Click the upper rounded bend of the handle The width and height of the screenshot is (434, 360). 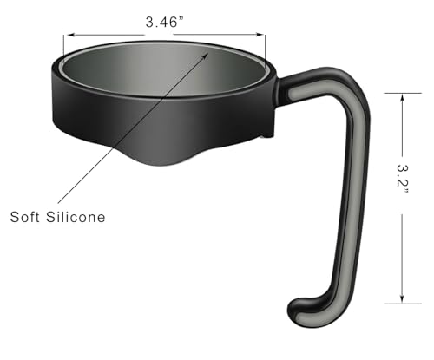click(343, 82)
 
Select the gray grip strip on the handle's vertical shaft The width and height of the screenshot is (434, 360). click(355, 191)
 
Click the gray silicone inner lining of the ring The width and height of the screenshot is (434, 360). click(165, 74)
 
